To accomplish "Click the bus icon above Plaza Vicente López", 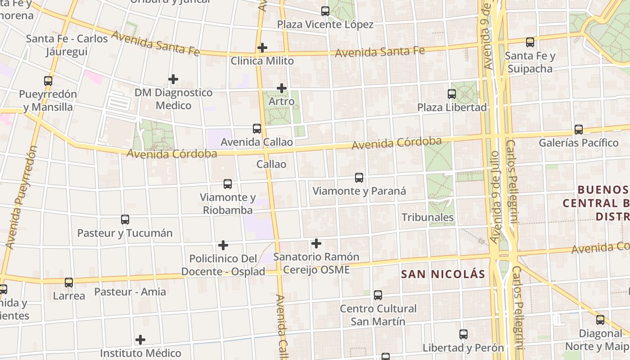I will pos(325,11).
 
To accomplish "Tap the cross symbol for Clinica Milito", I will pos(262,48).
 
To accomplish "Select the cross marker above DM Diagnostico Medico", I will pos(173,79).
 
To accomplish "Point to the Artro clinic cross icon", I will pos(282,88).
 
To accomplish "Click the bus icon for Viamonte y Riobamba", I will pos(228,184).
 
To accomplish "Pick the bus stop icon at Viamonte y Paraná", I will pos(359,178).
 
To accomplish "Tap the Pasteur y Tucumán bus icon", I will pos(125,220).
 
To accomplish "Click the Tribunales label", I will pos(427,217).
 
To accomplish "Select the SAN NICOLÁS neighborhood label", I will pos(443,274).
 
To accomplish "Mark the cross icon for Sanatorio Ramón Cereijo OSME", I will pos(316,243).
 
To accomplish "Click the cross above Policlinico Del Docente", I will pos(223,245).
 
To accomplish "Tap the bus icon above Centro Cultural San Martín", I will pos(378,295).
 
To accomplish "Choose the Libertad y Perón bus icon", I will pos(463,334).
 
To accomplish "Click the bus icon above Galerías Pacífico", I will pos(579,130).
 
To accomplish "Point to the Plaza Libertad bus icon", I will pos(452,94).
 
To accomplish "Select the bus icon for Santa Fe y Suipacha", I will pos(530,42).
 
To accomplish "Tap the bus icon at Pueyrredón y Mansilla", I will pos(48,81).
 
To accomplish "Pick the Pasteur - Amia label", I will pos(130,292).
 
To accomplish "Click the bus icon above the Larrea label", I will pos(69,283).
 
